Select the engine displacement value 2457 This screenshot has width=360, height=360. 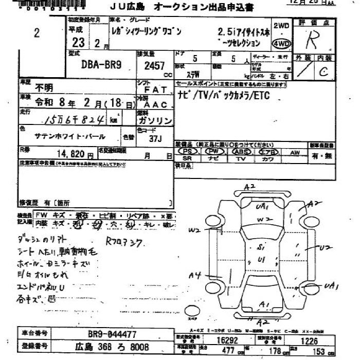click(x=154, y=66)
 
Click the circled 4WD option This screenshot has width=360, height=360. click(x=281, y=43)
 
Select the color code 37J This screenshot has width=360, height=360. click(x=154, y=139)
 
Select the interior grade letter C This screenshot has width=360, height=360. click(x=323, y=71)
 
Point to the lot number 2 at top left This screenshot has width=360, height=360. click(x=36, y=33)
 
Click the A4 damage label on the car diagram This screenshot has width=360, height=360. click(x=194, y=276)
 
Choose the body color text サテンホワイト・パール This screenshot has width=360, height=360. click(x=70, y=137)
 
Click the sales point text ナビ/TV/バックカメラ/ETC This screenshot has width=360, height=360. click(x=223, y=96)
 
